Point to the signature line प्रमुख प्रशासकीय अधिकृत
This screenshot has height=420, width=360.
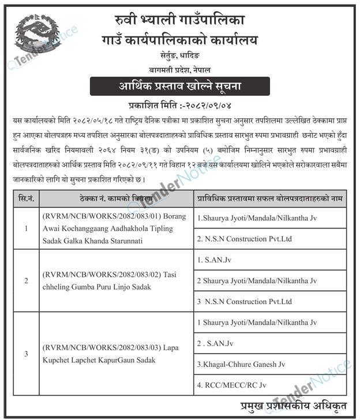click(295, 404)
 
